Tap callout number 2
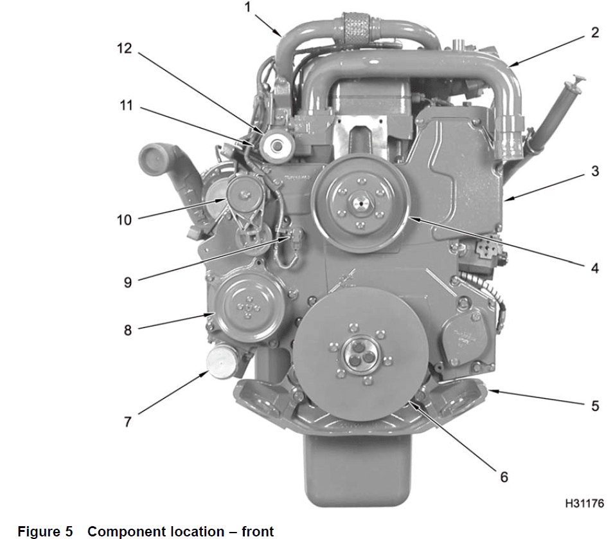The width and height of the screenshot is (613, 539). pos(595,33)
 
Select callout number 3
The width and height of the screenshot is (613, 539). pos(595,172)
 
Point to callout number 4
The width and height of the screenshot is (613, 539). pos(595,268)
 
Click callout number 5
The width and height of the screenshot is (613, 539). pos(595,406)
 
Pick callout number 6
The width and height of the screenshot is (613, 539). pos(504,477)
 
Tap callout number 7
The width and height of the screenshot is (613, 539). pos(128,422)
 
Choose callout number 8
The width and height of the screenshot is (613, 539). pos(128,330)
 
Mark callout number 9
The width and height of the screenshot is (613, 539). pos(128,282)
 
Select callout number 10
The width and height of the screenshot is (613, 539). pos(123,220)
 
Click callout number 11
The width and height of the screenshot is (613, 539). pos(126,105)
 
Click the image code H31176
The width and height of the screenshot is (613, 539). pos(584,504)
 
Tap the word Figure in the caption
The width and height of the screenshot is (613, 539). pos(40,531)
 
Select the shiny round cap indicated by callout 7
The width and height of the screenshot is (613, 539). pos(220,363)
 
